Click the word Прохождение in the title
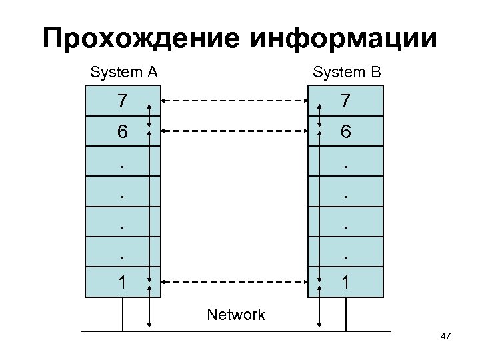pyautogui.click(x=143, y=38)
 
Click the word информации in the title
pyautogui.click(x=345, y=38)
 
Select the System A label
pyautogui.click(x=123, y=72)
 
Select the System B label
pyautogui.click(x=347, y=72)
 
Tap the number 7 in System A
pyautogui.click(x=121, y=101)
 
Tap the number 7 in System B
pyautogui.click(x=345, y=101)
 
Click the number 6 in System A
pyautogui.click(x=121, y=132)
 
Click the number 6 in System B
pyautogui.click(x=345, y=132)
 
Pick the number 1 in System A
pyautogui.click(x=121, y=281)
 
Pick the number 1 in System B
pyautogui.click(x=345, y=281)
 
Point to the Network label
pyautogui.click(x=236, y=315)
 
